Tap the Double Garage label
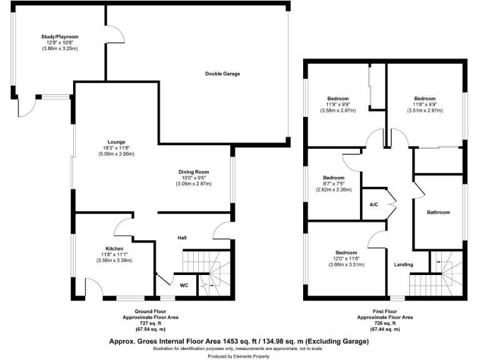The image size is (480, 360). tap(222, 74)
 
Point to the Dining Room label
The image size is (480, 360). tap(194, 172)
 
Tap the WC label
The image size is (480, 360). tap(184, 285)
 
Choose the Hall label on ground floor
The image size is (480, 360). tap(182, 237)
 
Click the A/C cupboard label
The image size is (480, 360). tap(374, 204)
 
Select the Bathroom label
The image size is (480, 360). tap(438, 212)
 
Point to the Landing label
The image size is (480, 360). tap(403, 264)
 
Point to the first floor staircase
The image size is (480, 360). tap(437, 278)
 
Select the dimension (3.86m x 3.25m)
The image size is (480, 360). tap(60, 49)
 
